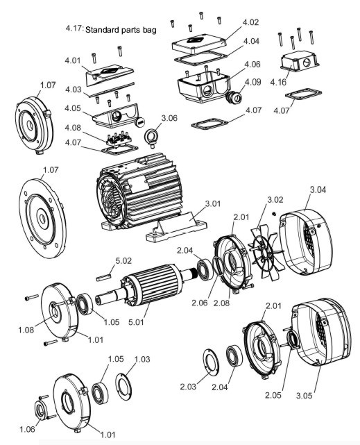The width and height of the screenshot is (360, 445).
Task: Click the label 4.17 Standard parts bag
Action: click(x=110, y=29)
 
